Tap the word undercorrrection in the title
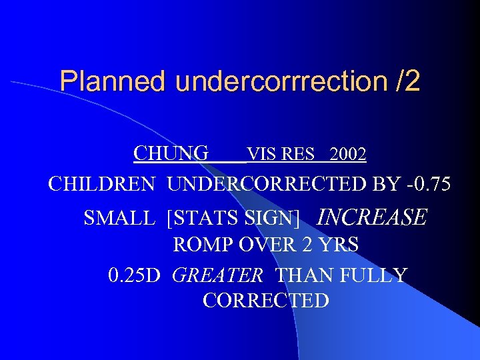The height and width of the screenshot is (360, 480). (280, 82)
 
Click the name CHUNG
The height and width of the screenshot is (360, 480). (171, 154)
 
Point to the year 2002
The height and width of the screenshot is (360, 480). (347, 155)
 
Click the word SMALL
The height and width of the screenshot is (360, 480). (120, 218)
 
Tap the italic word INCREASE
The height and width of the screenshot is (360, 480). (371, 217)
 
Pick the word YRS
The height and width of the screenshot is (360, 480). (337, 245)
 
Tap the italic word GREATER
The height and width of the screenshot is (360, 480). (218, 275)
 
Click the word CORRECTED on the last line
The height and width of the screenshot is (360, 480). (265, 301)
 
